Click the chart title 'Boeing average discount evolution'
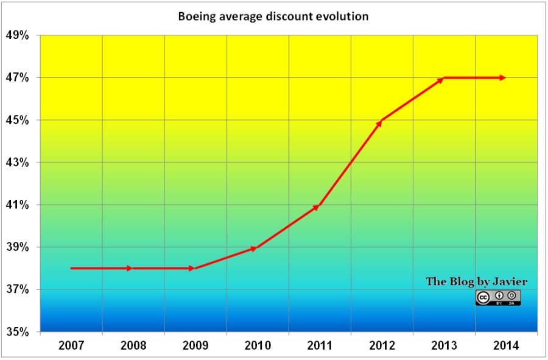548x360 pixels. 273,16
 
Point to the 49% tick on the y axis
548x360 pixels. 18,35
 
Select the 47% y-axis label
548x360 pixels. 18,78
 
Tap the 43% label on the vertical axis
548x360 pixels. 18,163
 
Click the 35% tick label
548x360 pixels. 18,332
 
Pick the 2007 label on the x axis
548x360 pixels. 71,345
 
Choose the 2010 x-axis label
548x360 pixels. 258,345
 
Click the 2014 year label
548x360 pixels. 506,345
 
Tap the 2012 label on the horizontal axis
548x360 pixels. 382,345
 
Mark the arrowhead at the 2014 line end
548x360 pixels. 502,77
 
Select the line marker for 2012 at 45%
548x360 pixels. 379,122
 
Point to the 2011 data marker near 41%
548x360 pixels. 316,207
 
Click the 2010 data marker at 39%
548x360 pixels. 254,249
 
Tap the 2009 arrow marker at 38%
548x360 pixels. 191,268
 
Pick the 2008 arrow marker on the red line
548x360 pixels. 129,268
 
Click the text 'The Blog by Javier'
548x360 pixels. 477,281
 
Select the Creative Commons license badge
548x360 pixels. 498,297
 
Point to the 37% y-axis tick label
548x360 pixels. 18,289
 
